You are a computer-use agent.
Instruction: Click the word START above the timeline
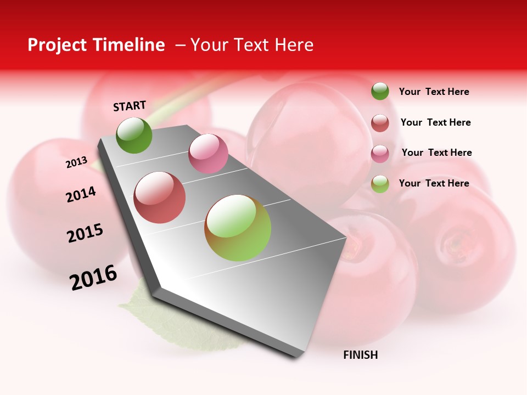point(130,106)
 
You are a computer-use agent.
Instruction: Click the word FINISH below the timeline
point(361,355)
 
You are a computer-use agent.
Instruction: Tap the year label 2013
point(76,162)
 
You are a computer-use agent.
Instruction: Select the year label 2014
point(81,194)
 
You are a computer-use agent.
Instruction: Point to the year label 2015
point(85,233)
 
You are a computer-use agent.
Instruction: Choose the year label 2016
point(93,277)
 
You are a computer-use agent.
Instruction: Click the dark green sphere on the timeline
point(134,135)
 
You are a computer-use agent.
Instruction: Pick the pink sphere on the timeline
point(208,154)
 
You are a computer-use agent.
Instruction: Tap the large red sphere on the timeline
point(160,198)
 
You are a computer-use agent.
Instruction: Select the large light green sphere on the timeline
point(238,228)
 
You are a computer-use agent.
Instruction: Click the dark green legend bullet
point(380,91)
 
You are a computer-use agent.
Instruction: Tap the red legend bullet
point(380,122)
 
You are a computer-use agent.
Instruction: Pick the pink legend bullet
point(380,153)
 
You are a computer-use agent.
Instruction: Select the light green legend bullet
point(380,184)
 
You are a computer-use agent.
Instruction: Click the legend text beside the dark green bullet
point(434,92)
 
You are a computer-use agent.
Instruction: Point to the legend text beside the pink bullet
point(436,153)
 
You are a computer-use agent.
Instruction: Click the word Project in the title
point(57,45)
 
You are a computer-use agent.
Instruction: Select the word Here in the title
point(294,45)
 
